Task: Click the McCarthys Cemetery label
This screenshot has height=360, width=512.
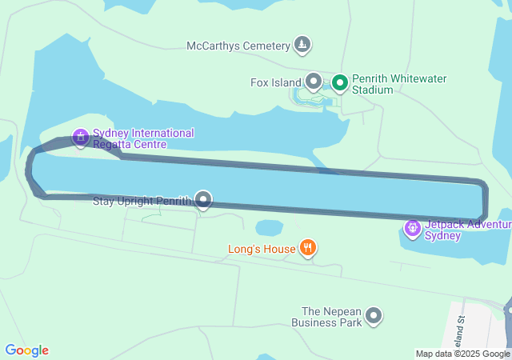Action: pyautogui.click(x=238, y=46)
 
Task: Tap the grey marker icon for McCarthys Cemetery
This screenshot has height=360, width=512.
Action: pyautogui.click(x=302, y=44)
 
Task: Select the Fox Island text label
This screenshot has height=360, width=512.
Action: pyautogui.click(x=275, y=82)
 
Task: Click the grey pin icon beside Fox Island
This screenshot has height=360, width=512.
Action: pyautogui.click(x=314, y=82)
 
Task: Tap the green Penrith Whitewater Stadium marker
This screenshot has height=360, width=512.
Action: pyautogui.click(x=339, y=82)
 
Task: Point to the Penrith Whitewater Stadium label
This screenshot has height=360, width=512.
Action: pyautogui.click(x=400, y=84)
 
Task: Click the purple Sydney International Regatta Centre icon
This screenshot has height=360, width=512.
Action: pyautogui.click(x=80, y=138)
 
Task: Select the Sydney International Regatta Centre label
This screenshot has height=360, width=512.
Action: pyautogui.click(x=143, y=138)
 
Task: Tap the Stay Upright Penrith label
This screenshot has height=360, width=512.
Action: pyautogui.click(x=142, y=200)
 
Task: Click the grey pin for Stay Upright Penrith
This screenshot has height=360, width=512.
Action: pyautogui.click(x=204, y=199)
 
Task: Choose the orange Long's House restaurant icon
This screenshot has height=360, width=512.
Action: pyautogui.click(x=306, y=248)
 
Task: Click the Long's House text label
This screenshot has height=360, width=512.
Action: pyautogui.click(x=262, y=249)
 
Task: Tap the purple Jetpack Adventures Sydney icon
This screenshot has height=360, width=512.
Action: pyautogui.click(x=413, y=229)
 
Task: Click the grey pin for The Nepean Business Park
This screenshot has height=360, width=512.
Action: pyautogui.click(x=373, y=317)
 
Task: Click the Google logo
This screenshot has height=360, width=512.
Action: pyautogui.click(x=26, y=350)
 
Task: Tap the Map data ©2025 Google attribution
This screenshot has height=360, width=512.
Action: pyautogui.click(x=462, y=354)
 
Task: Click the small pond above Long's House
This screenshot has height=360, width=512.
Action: pyautogui.click(x=270, y=228)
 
